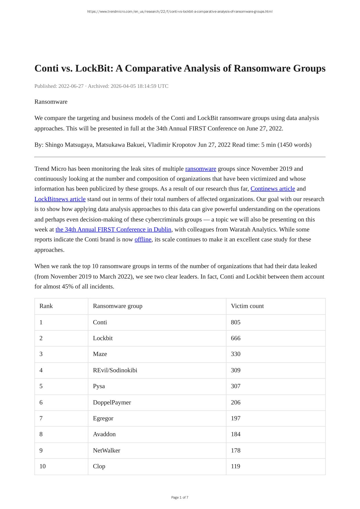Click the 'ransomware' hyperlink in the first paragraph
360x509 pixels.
[201, 169]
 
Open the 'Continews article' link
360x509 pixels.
[272, 189]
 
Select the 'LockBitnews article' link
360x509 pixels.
[60, 199]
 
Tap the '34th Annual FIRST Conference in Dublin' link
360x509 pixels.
[113, 230]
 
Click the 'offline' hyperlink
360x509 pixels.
[143, 239]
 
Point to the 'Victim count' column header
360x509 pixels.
[247, 306]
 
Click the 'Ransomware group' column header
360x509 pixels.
[117, 306]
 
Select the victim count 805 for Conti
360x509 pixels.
[236, 322]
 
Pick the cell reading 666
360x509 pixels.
[236, 338]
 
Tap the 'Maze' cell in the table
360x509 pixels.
[100, 354]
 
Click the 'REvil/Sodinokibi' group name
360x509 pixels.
[115, 370]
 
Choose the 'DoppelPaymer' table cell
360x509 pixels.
[112, 402]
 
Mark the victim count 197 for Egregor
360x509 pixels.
[236, 418]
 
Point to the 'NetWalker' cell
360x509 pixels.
[106, 450]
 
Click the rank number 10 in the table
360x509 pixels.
[43, 466]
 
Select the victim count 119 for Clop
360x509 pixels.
[236, 466]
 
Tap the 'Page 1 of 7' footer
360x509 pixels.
[180, 497]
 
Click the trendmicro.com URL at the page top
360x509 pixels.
[180, 12]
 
